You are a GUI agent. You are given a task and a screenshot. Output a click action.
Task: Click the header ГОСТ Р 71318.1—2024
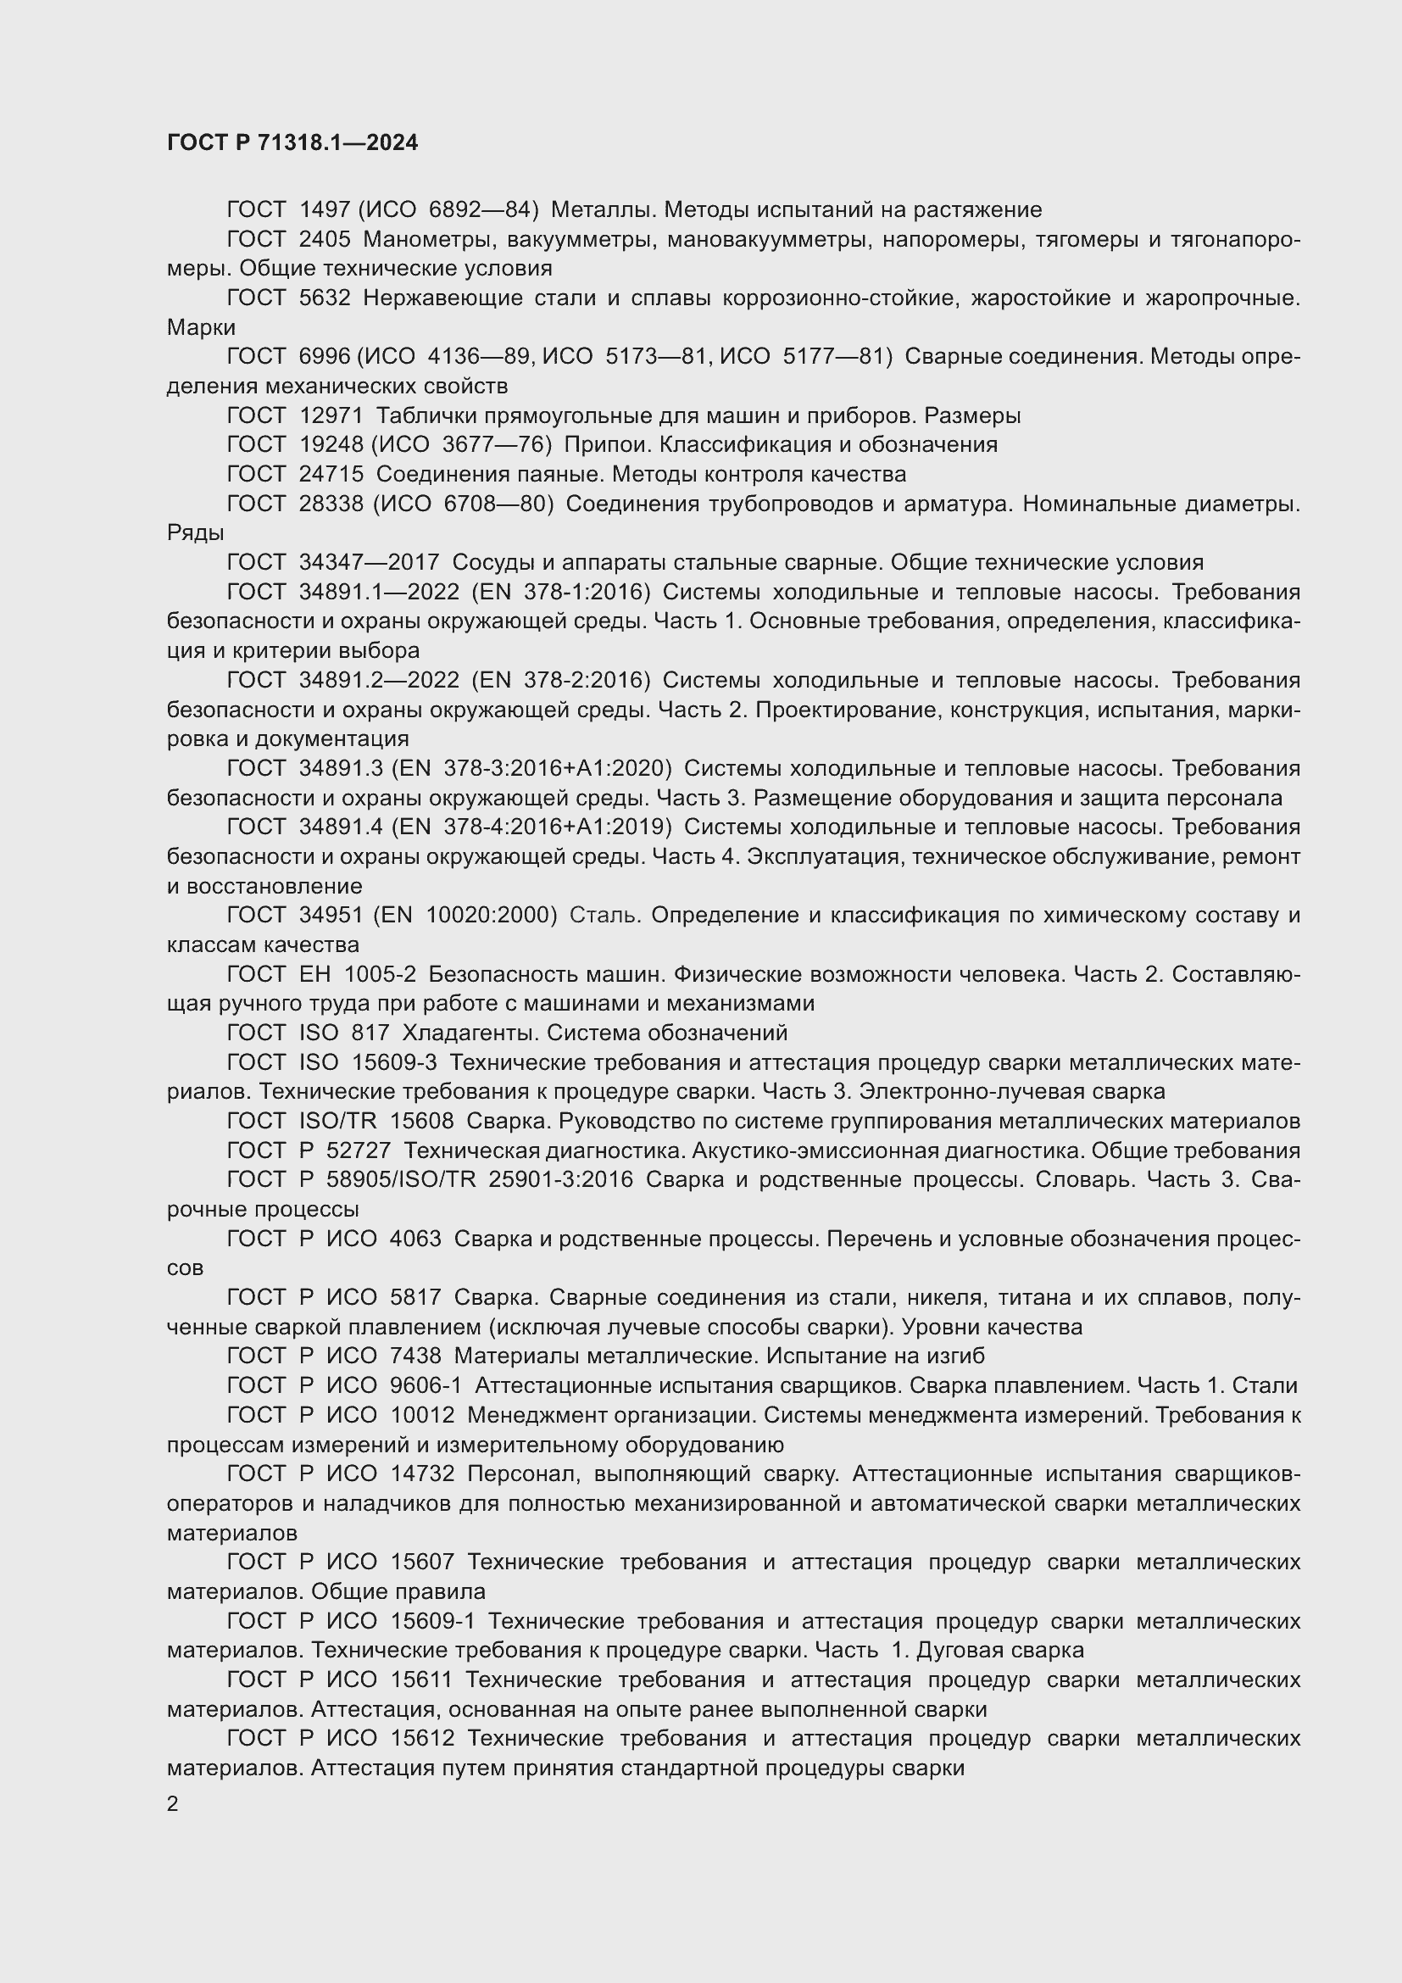tap(292, 143)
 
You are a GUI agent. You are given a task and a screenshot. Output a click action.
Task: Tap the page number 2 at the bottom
tap(173, 1804)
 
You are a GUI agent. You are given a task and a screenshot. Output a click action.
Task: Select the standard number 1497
tap(325, 210)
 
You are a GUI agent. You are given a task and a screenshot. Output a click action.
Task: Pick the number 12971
tap(331, 415)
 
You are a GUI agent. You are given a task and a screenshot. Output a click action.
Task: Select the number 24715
tap(331, 474)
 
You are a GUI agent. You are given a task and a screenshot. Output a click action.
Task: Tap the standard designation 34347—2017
tap(370, 562)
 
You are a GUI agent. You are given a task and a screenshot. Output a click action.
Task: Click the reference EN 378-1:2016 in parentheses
tap(562, 592)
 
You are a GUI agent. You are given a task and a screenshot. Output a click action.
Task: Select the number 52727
tap(359, 1150)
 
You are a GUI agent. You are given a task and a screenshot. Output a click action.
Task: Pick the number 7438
tap(415, 1356)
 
